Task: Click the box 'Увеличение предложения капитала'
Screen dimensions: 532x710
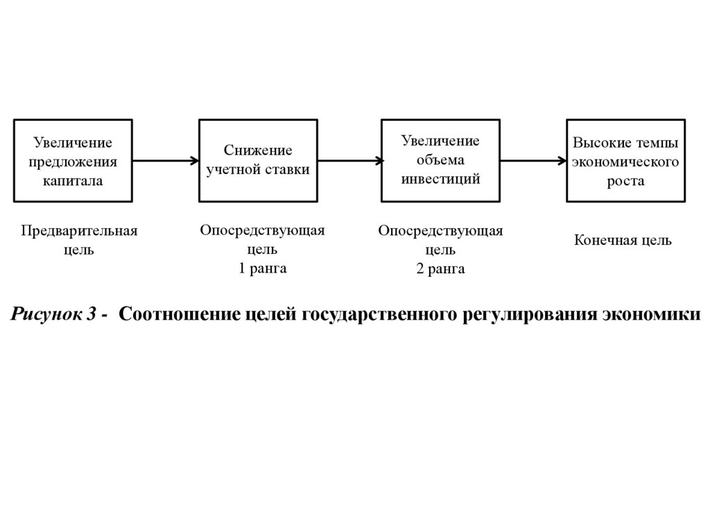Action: pos(73,160)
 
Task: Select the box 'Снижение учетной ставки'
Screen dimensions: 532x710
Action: pos(258,160)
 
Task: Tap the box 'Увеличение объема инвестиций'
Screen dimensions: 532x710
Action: pos(440,160)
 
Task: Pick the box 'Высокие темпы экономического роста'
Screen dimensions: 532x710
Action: pos(625,160)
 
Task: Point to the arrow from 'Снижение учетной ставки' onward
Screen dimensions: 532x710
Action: pos(350,161)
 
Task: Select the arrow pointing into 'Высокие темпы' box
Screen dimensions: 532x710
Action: pos(533,161)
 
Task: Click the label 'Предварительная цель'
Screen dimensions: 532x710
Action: pos(78,240)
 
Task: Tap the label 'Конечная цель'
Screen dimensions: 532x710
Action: pos(623,241)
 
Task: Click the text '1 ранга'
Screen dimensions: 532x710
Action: pos(263,268)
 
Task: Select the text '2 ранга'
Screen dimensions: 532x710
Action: pos(440,269)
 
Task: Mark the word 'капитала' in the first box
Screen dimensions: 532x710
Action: pos(73,180)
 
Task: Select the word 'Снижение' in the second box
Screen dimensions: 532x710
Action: pos(258,151)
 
